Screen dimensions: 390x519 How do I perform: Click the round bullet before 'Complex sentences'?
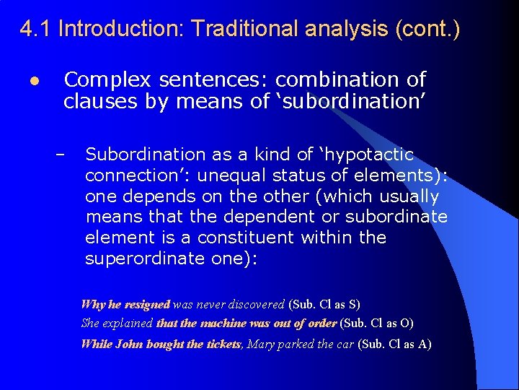point(35,79)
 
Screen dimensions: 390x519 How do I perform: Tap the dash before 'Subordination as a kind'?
point(60,155)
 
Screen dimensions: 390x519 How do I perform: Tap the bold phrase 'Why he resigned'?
point(125,305)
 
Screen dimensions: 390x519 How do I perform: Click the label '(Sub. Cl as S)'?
point(324,305)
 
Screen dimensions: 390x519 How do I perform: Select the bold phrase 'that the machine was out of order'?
point(247,324)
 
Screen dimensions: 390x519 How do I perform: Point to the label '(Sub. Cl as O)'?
point(376,324)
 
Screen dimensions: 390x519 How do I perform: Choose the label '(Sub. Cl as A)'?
point(394,344)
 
